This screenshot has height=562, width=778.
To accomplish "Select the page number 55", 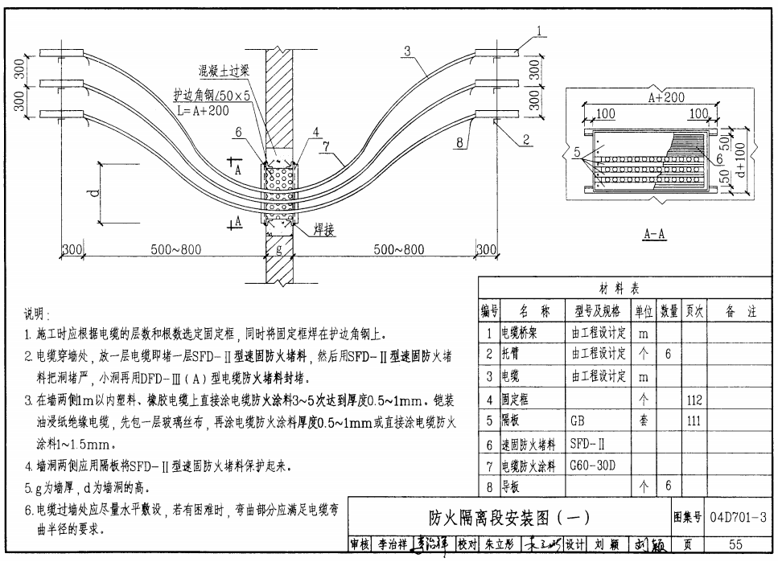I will coord(735,544).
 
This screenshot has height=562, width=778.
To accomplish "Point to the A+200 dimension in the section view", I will coord(665,97).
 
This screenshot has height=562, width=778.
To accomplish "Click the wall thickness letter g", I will coord(279,250).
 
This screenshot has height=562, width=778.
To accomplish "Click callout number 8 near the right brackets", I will coord(459,143).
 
